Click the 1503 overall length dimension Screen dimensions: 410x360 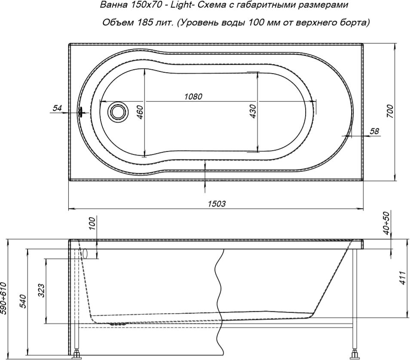(217, 203)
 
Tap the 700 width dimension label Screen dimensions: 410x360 (390, 111)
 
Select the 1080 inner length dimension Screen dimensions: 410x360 (193, 96)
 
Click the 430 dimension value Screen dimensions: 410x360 (253, 111)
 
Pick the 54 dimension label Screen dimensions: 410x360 (57, 108)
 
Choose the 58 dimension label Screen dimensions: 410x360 (374, 131)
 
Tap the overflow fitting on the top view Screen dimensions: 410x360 (80, 112)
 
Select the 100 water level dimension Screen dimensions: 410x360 (93, 223)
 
